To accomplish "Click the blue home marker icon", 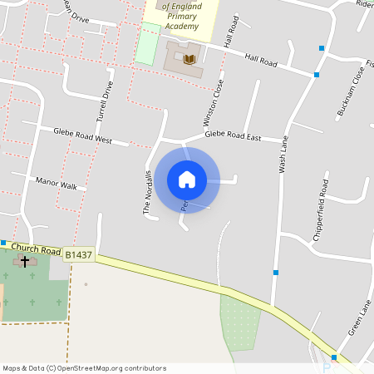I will pyautogui.click(x=187, y=179).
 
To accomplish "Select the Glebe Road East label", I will pyautogui.click(x=233, y=134).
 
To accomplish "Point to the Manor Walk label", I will pyautogui.click(x=56, y=183).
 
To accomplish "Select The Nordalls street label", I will pyautogui.click(x=148, y=192).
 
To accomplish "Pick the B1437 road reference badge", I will pyautogui.click(x=79, y=254).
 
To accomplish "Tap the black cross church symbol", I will pyautogui.click(x=25, y=261).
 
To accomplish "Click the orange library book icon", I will pyautogui.click(x=190, y=59).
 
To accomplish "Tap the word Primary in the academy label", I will pyautogui.click(x=182, y=16).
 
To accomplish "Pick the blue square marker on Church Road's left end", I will pyautogui.click(x=3, y=243).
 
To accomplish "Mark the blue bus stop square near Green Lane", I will pyautogui.click(x=334, y=357).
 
